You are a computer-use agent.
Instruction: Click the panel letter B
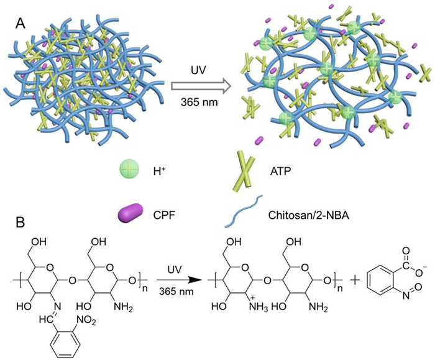[20, 220]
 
